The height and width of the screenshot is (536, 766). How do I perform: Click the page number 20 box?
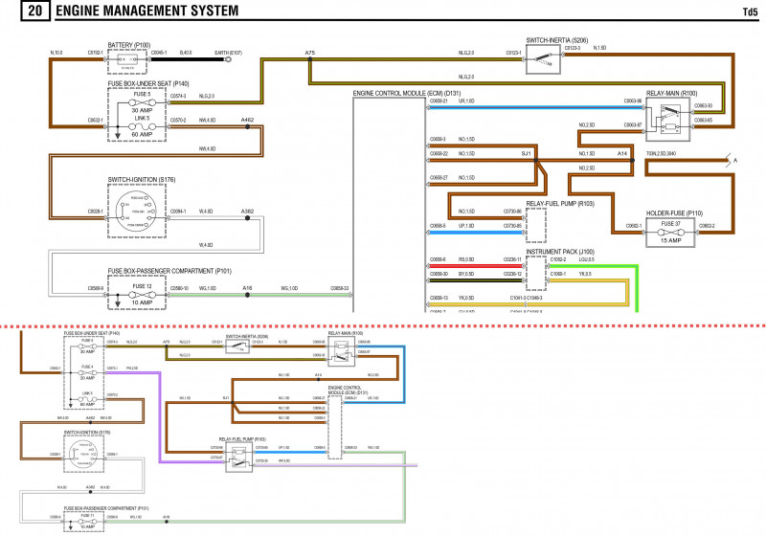(x=34, y=12)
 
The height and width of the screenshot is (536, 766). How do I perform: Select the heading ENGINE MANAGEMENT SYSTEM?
(x=147, y=12)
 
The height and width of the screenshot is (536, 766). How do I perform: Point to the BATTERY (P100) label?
(x=129, y=44)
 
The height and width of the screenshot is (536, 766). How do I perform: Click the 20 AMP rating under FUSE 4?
(x=86, y=378)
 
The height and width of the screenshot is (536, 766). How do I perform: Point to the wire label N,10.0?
(x=56, y=52)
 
